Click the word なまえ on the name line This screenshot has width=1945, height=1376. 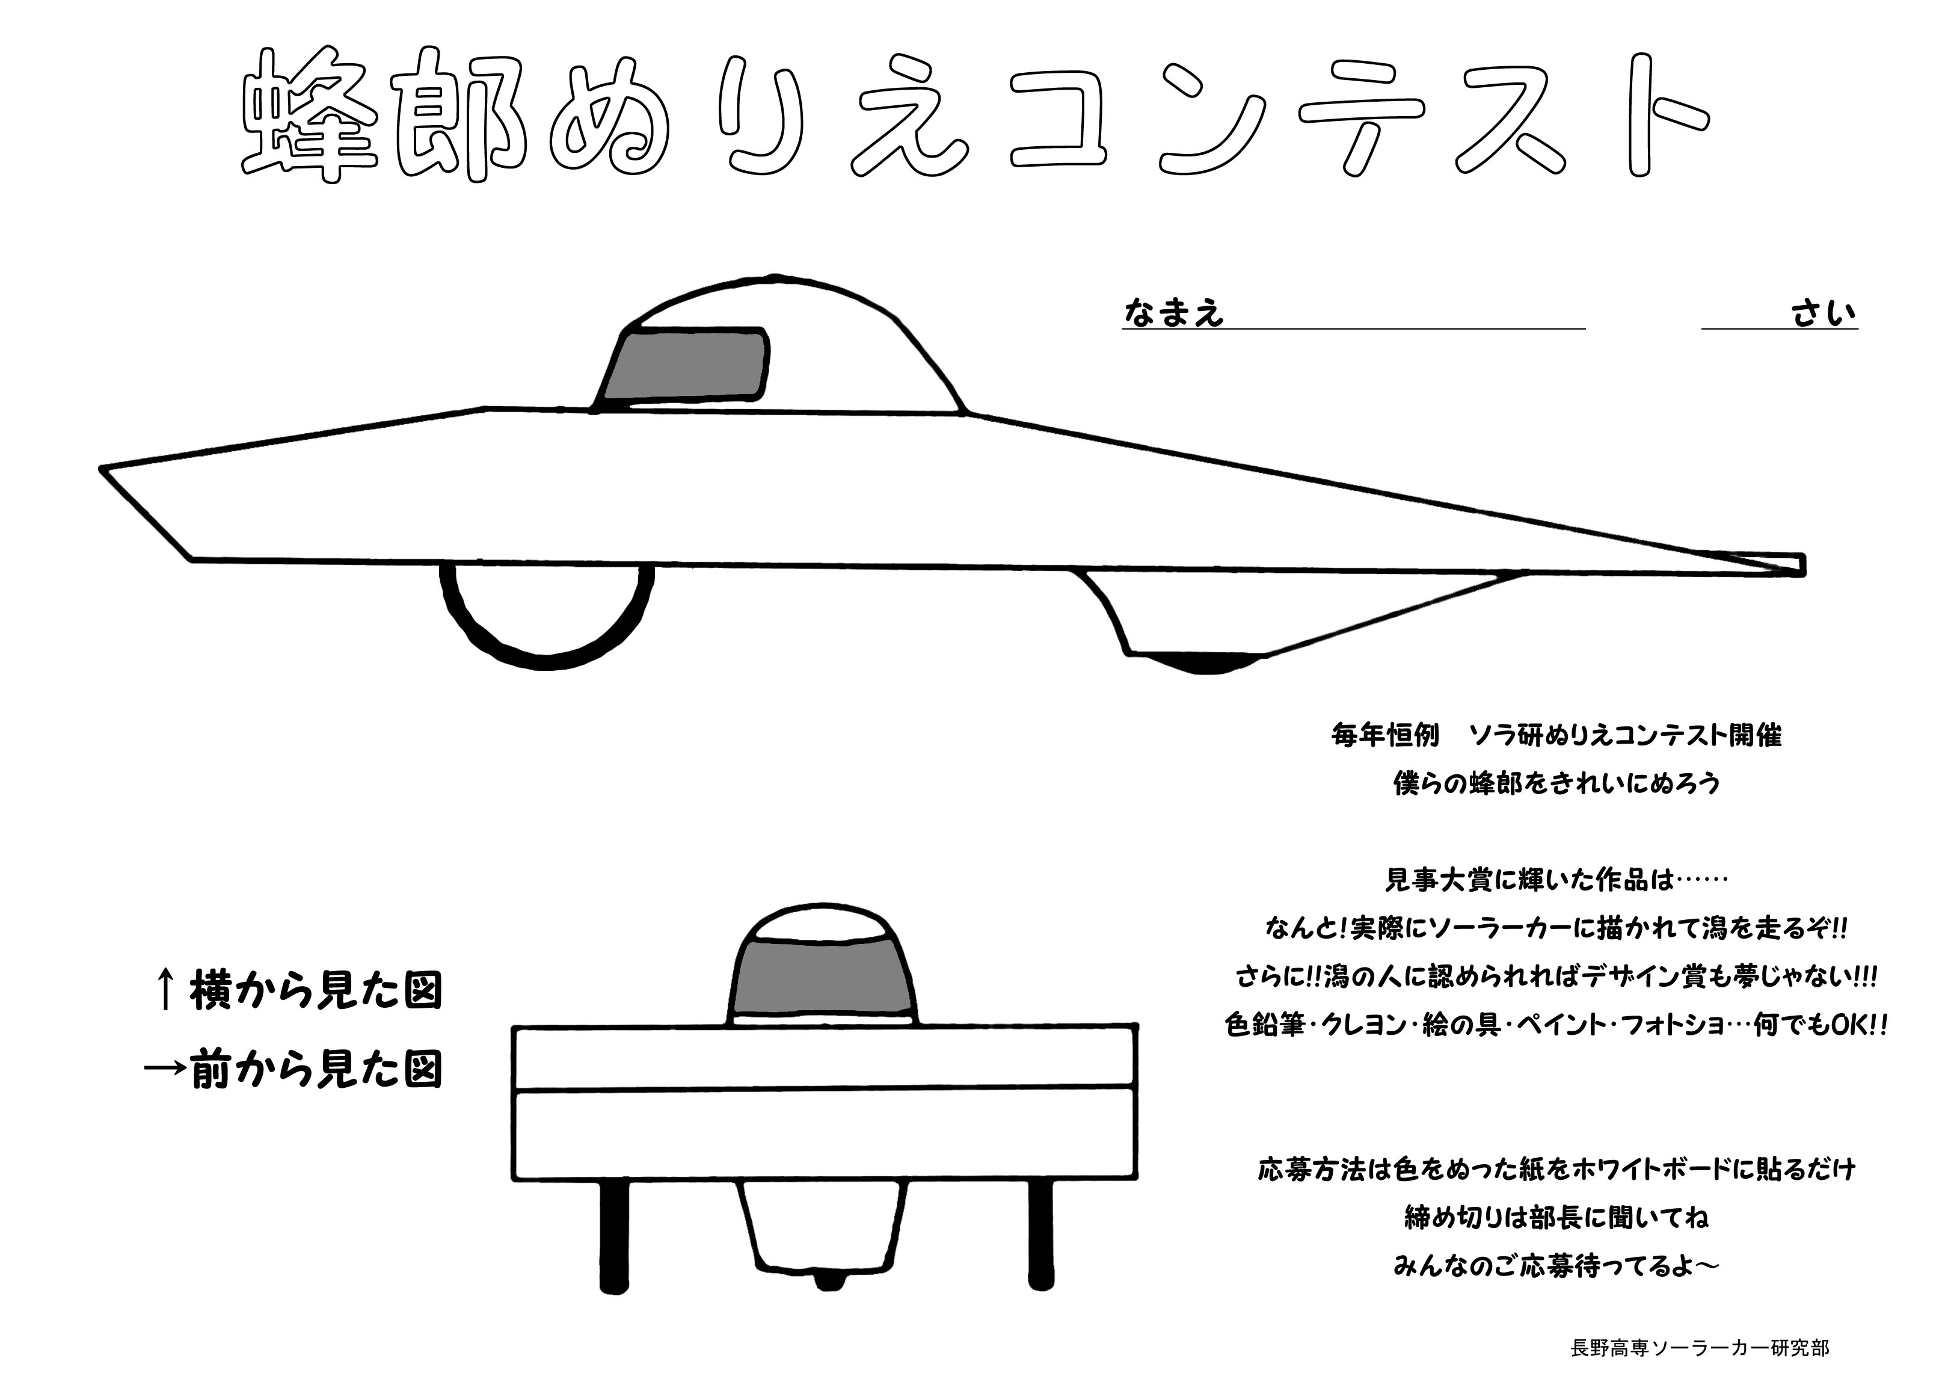pyautogui.click(x=1174, y=313)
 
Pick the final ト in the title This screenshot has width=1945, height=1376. pyautogui.click(x=1652, y=114)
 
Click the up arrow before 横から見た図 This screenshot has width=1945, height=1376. pyautogui.click(x=167, y=990)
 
